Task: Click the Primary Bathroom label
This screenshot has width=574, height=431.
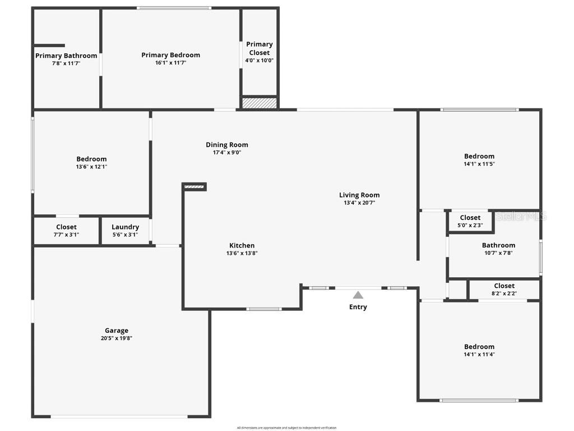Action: tap(66, 56)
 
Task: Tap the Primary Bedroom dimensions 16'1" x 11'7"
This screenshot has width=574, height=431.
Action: tap(170, 63)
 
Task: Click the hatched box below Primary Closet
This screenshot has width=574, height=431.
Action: tap(259, 103)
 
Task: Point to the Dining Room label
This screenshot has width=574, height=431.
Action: tap(226, 145)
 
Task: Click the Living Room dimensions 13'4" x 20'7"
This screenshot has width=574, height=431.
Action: tap(359, 203)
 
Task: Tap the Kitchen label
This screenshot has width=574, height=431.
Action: tap(242, 245)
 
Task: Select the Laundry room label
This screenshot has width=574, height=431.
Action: tap(125, 227)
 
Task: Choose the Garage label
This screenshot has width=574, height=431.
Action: tap(117, 331)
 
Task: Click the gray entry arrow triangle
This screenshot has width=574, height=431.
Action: tap(358, 295)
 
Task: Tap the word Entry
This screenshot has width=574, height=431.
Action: tap(358, 307)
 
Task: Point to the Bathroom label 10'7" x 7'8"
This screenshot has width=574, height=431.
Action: tap(498, 245)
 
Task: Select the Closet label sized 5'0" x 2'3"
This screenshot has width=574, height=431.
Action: tap(470, 218)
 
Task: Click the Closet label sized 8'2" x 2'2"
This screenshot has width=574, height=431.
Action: tap(504, 286)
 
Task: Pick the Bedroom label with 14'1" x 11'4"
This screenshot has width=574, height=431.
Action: tap(479, 347)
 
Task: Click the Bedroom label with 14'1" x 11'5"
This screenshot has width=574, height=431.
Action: tap(479, 156)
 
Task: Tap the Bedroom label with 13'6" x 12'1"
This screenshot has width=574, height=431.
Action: tap(91, 159)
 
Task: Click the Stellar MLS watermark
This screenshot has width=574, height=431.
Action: tap(521, 216)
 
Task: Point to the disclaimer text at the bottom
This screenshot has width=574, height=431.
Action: tap(286, 428)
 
